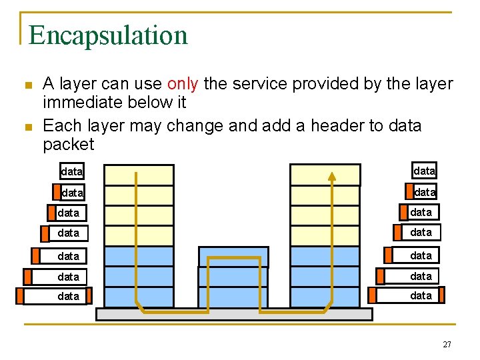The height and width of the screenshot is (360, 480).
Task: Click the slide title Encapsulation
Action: [x=108, y=35]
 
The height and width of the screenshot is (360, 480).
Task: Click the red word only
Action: [x=183, y=84]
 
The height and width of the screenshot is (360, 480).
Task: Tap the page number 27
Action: [x=446, y=344]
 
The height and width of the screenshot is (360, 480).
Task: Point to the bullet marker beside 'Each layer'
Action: [x=27, y=127]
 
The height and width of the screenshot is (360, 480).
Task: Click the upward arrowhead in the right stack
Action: [x=332, y=176]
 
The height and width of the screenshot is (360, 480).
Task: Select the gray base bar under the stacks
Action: [x=234, y=314]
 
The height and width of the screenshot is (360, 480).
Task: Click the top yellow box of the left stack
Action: [x=139, y=175]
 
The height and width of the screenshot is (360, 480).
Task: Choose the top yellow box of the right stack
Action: [x=325, y=175]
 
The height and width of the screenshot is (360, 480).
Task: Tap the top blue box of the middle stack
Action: [x=233, y=257]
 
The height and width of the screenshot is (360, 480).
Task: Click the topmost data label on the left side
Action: [x=72, y=171]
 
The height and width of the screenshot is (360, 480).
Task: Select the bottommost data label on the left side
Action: [x=69, y=296]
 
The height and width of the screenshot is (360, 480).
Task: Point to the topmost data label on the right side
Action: [x=424, y=171]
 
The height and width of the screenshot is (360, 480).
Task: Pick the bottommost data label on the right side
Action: [x=421, y=295]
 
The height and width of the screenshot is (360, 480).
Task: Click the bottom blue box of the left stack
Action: [x=139, y=297]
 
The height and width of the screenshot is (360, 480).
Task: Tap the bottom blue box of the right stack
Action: [x=325, y=297]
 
